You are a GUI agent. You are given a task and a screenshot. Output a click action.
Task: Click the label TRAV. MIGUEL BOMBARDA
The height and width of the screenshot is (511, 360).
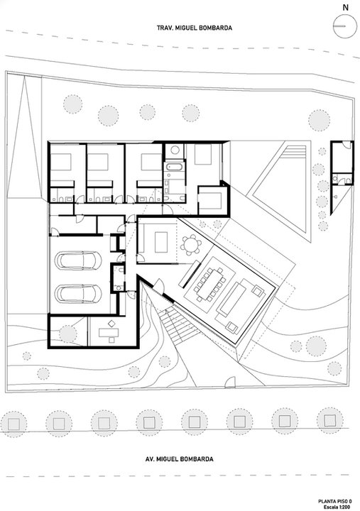point(195,28)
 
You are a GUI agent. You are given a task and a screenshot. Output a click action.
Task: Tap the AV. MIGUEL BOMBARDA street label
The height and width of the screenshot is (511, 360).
point(180,459)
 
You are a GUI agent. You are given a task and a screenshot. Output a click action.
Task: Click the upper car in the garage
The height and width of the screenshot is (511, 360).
point(78,260)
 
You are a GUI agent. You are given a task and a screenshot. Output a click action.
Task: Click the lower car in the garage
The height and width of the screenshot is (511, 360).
point(78,294)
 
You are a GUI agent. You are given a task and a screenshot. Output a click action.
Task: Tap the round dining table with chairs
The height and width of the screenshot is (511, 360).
point(191,245)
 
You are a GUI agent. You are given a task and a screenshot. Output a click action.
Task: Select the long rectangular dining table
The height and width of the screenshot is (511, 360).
point(210,283)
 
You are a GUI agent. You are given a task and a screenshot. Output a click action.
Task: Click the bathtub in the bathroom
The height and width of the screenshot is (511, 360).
point(175,167)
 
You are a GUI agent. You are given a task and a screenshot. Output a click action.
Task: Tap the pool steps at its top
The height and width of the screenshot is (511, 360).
point(295,152)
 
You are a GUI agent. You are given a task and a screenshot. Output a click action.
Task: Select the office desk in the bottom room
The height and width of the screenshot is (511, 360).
point(109,333)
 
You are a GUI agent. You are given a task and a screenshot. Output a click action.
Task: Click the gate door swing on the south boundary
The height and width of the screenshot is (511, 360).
point(230,382)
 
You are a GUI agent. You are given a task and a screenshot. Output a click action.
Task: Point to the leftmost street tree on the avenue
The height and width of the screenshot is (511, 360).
point(13,424)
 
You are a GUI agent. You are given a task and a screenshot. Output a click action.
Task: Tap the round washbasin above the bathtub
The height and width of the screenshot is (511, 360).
point(175,150)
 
